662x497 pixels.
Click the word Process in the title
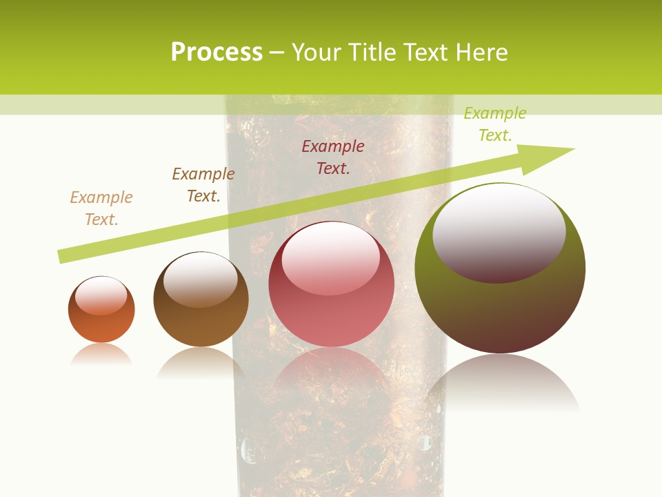(217, 52)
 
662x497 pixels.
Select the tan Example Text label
(101, 208)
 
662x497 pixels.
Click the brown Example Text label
(203, 185)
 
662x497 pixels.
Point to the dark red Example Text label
(333, 157)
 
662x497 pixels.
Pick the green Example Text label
(495, 124)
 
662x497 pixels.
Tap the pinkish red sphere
(331, 318)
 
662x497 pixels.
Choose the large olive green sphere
(500, 311)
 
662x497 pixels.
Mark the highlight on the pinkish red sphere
(331, 257)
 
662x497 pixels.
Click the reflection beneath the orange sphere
(101, 354)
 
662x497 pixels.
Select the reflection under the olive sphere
(501, 383)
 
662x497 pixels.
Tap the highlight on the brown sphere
(201, 279)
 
